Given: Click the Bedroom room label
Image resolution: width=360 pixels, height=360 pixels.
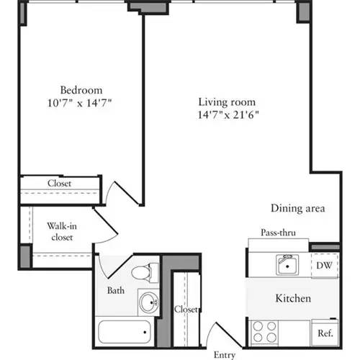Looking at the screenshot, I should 81,90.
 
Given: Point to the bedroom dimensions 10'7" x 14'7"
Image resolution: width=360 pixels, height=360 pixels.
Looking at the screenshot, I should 81,102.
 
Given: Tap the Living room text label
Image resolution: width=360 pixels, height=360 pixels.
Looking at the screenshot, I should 227,102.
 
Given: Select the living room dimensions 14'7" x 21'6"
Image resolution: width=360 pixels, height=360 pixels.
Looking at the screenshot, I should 227,114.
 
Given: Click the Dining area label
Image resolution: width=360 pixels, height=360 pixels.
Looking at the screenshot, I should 298,208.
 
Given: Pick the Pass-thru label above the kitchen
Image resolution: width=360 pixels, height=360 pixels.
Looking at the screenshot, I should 279,233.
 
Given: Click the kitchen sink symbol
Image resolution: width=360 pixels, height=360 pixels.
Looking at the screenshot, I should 288,265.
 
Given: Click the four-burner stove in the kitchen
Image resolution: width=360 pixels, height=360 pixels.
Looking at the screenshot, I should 265,332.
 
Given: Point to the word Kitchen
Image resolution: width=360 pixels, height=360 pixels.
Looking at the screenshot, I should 293,298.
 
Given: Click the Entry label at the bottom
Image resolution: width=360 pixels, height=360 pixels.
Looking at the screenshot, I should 224,355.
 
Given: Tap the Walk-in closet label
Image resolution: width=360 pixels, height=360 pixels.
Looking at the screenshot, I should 63,230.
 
